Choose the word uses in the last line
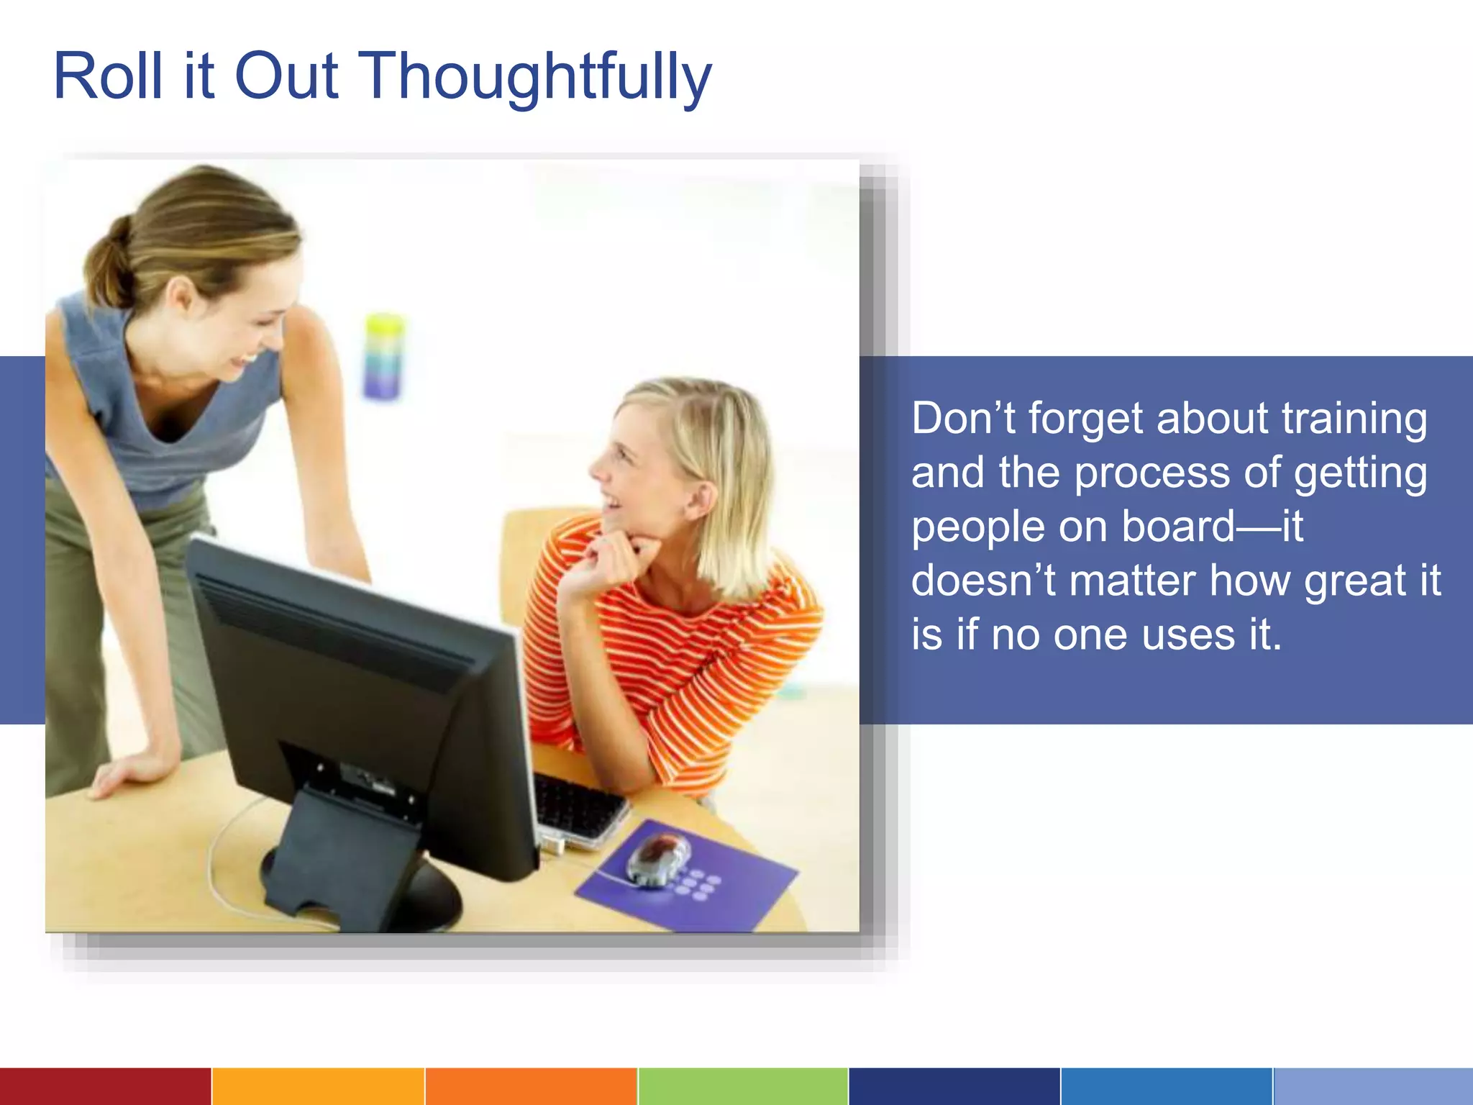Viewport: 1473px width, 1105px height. pos(1187,635)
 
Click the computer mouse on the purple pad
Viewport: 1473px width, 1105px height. pos(656,858)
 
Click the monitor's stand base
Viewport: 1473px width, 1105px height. pos(360,892)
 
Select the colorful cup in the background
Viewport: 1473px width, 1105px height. pos(384,356)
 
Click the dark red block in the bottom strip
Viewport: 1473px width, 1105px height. pos(105,1086)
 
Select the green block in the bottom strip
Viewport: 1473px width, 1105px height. pos(742,1086)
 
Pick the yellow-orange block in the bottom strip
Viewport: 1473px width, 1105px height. pos(318,1086)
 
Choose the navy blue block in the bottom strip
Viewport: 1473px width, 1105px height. pos(954,1086)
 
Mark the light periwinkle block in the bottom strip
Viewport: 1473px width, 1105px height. pos(1372,1086)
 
